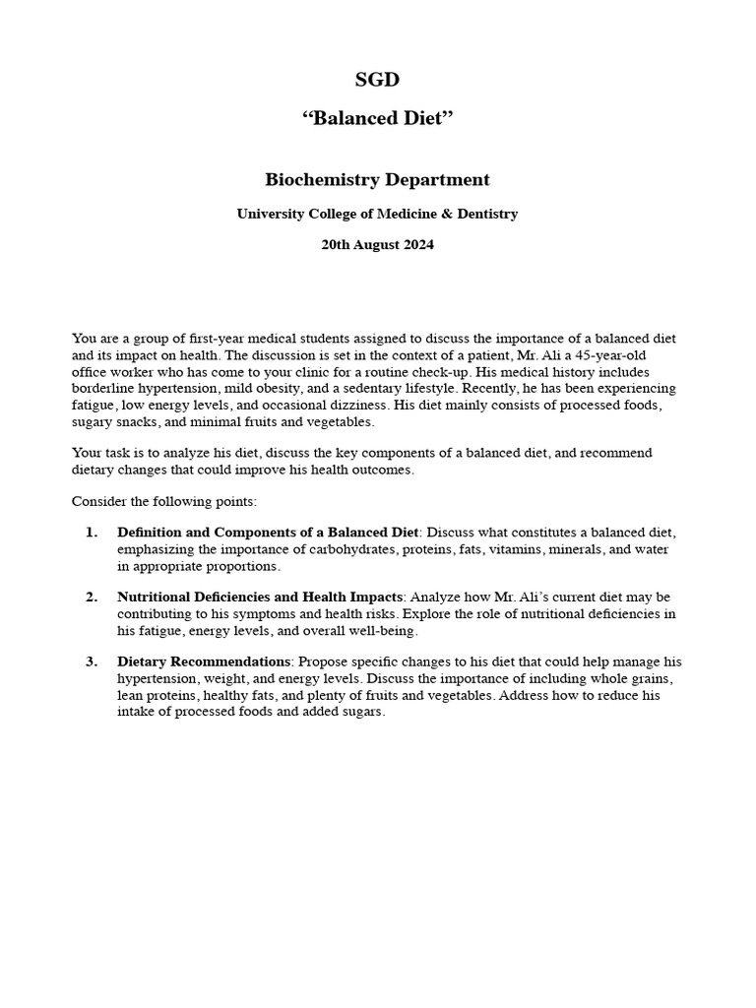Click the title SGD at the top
377,80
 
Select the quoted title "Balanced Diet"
377,118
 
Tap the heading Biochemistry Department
377,180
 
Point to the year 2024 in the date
415,245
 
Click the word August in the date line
373,245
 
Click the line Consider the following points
164,501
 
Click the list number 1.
92,533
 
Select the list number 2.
92,598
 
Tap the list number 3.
92,661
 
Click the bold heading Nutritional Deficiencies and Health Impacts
260,598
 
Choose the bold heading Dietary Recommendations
204,661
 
